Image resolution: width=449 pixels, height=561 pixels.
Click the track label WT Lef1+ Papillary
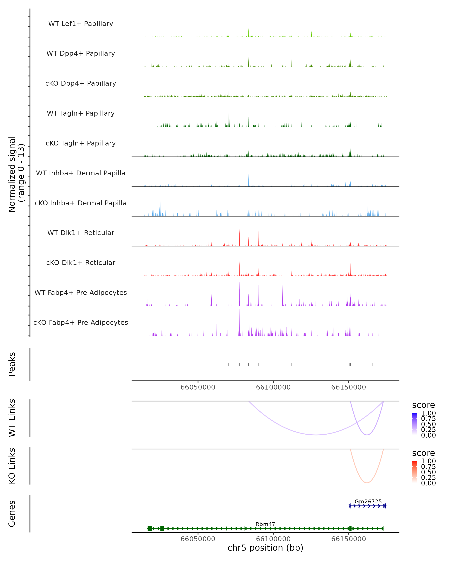tap(81, 24)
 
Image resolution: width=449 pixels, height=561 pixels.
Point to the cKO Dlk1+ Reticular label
tap(81, 263)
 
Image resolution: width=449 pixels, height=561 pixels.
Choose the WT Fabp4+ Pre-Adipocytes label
tap(81, 292)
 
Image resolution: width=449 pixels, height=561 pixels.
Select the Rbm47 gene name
tap(265, 524)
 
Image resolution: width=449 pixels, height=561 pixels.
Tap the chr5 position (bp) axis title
tap(265, 548)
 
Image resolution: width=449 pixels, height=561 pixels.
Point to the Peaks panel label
tap(12, 364)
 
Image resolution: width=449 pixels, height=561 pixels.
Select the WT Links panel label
tap(12, 418)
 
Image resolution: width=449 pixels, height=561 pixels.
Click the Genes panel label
tap(12, 514)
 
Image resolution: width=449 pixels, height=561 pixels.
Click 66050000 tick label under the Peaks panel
tap(198, 387)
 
